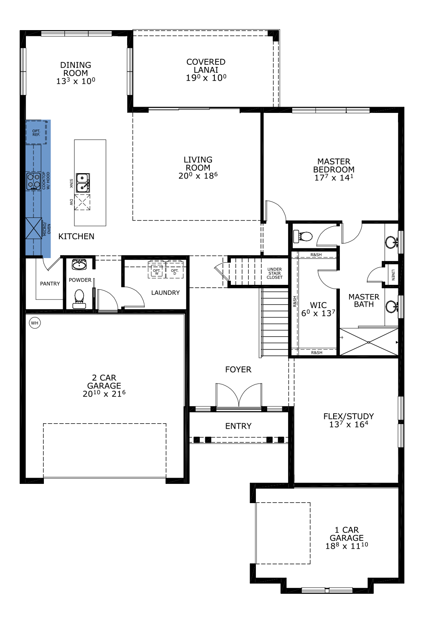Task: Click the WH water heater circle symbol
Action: [x=35, y=323]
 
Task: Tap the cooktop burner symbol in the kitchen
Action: [x=34, y=182]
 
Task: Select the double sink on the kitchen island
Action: [x=83, y=182]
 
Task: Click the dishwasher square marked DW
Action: [x=82, y=202]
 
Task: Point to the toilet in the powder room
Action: [x=79, y=299]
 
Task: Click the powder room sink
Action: [x=79, y=264]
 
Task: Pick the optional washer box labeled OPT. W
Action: [x=156, y=270]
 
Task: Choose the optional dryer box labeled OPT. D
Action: [x=175, y=270]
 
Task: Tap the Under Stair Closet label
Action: [x=275, y=273]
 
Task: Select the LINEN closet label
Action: [x=393, y=275]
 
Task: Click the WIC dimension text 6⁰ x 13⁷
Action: [x=318, y=313]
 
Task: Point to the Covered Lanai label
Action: [x=206, y=66]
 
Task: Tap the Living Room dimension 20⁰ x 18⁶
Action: [x=198, y=176]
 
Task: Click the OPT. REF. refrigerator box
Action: [x=36, y=132]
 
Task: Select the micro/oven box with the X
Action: [x=34, y=228]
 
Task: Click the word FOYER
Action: [x=238, y=369]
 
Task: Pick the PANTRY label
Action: [x=50, y=284]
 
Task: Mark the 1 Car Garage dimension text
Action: [x=347, y=546]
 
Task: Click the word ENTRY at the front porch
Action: [x=238, y=426]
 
